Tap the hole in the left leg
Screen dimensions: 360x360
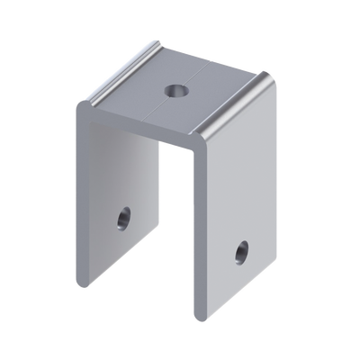click(x=121, y=217)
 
